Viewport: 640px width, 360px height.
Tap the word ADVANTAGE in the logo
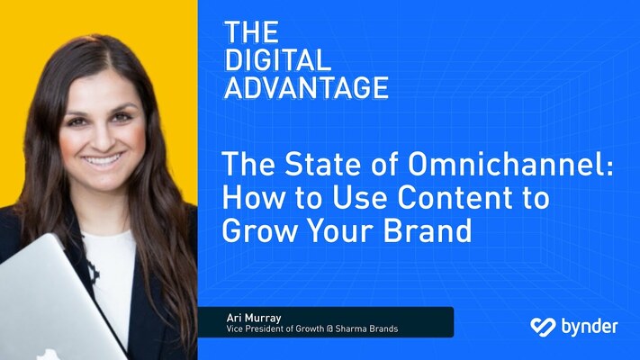tap(306, 86)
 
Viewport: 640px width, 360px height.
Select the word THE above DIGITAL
tap(249, 33)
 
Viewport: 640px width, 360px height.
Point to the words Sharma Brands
tap(370, 328)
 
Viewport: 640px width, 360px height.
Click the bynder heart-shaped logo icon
tap(543, 326)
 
